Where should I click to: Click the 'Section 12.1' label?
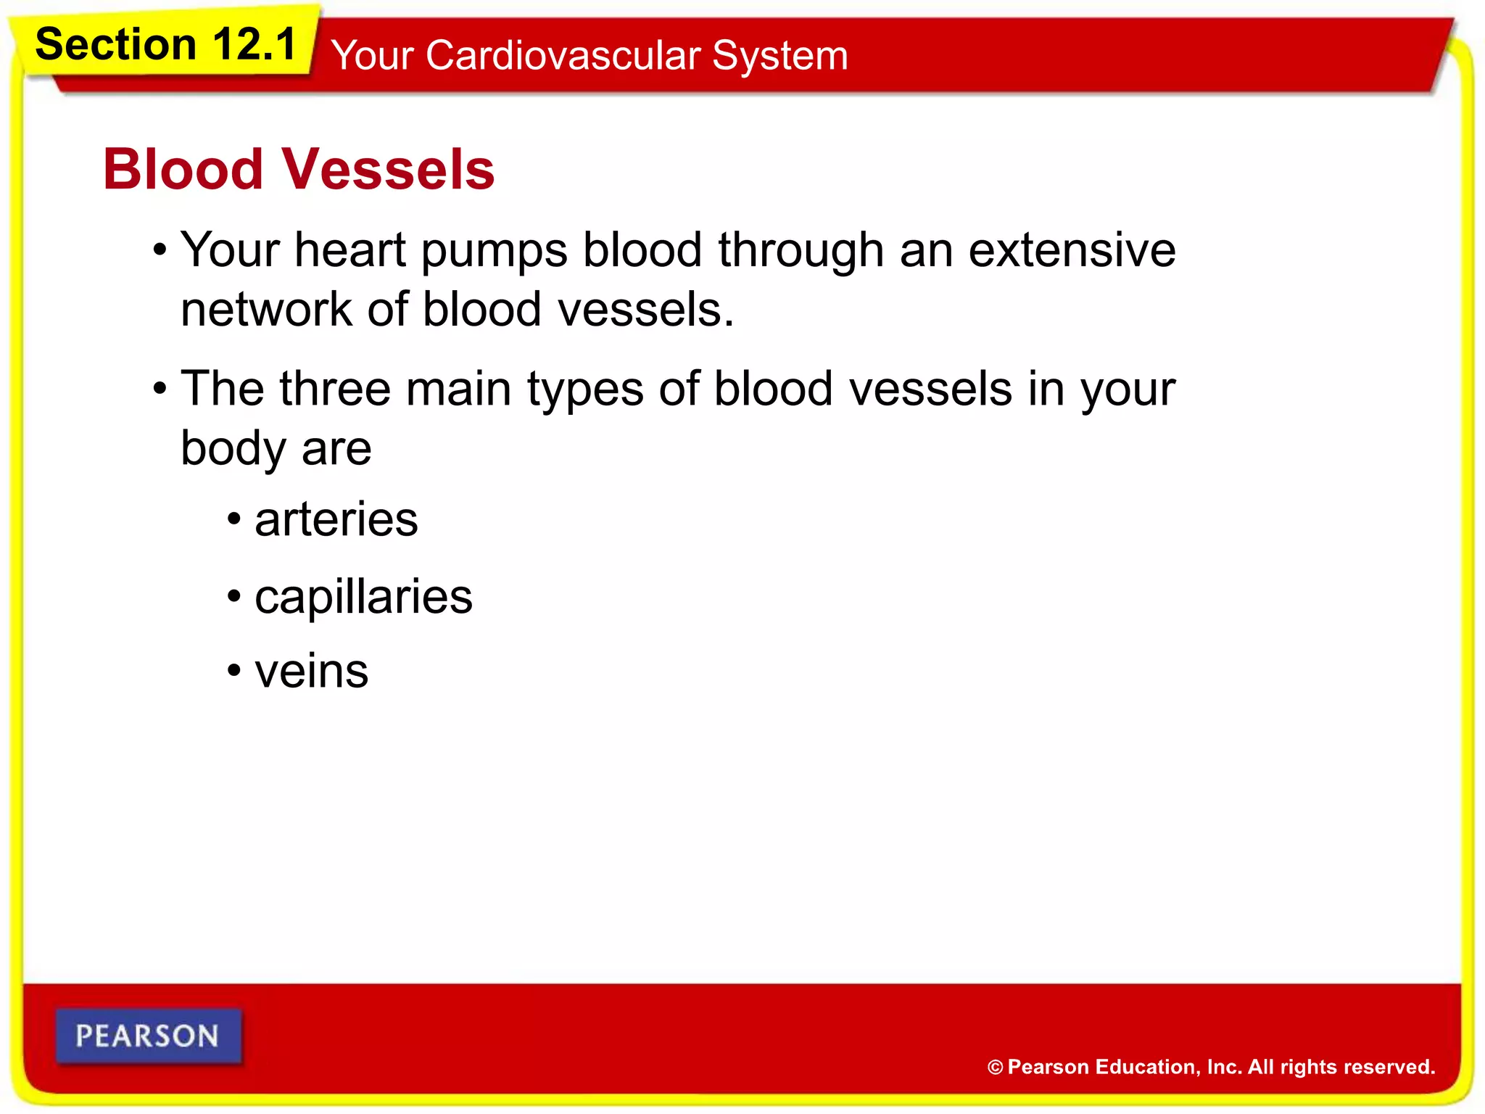click(x=166, y=45)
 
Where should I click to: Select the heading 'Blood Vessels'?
click(x=299, y=169)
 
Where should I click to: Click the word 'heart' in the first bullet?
click(x=349, y=250)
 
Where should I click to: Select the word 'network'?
click(x=265, y=310)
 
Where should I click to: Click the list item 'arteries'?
click(x=336, y=520)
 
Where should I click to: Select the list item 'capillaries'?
click(x=363, y=598)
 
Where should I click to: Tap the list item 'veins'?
click(x=312, y=672)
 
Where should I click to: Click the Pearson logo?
click(x=148, y=1036)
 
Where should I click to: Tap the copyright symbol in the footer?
click(x=995, y=1067)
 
